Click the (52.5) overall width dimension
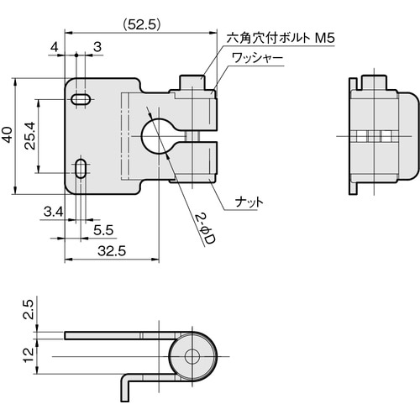142,25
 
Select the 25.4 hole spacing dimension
29,135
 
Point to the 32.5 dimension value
112,251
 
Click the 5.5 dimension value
103,230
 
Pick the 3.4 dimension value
54,212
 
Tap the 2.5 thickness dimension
29,309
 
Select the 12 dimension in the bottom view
29,355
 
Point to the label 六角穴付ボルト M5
281,38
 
